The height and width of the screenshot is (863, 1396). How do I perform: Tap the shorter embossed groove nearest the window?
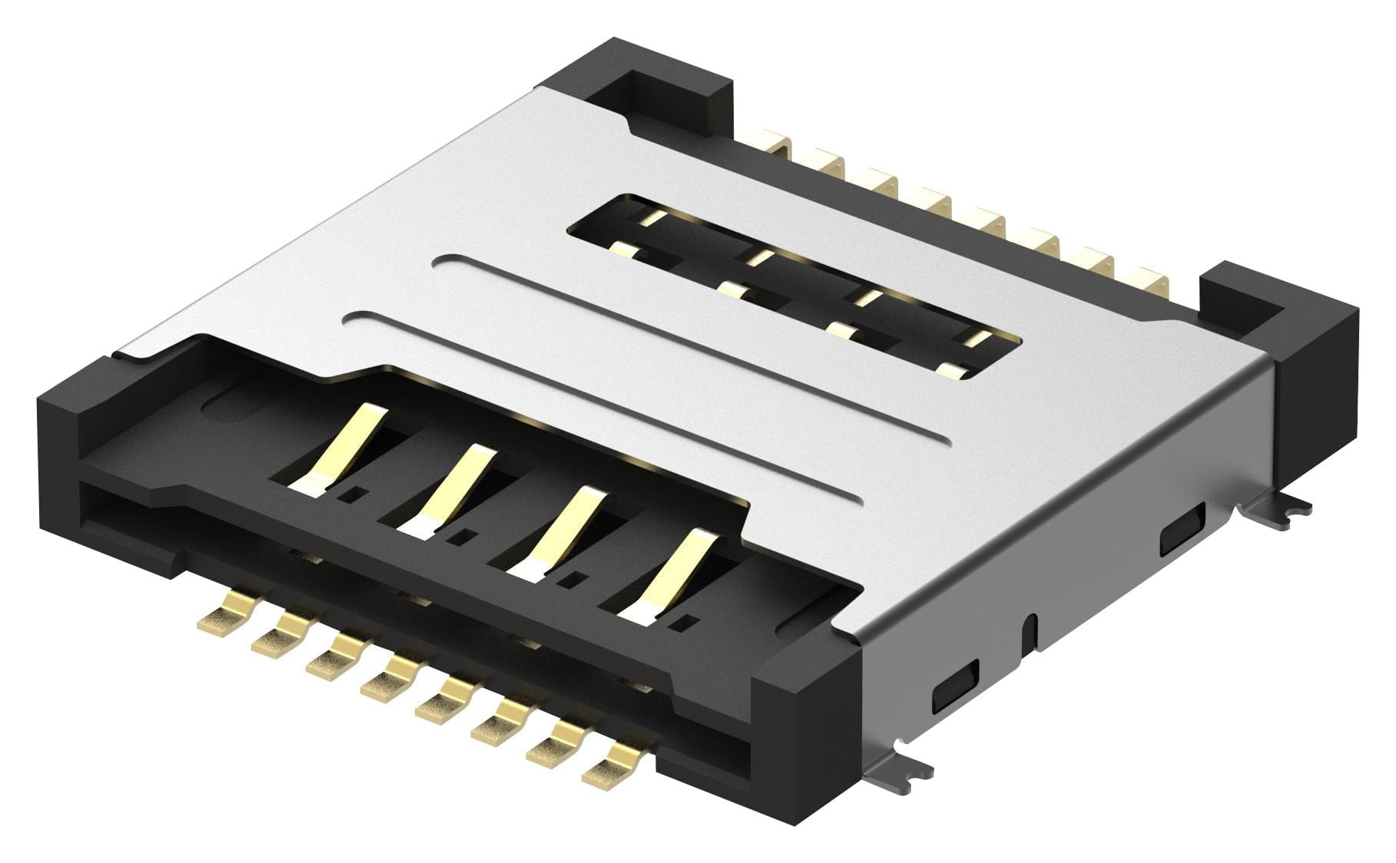tap(691, 349)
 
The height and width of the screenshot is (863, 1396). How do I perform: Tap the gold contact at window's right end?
tap(953, 372)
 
